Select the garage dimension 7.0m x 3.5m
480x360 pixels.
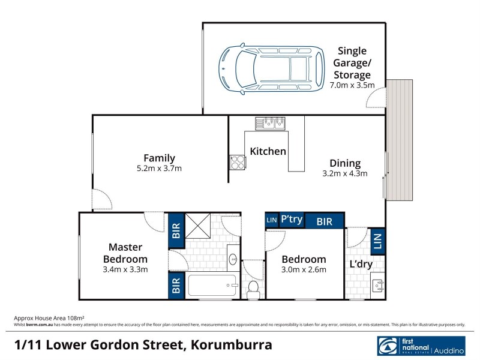pyautogui.click(x=352, y=86)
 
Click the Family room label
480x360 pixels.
pyautogui.click(x=159, y=158)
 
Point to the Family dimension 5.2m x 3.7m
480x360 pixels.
pyautogui.click(x=159, y=169)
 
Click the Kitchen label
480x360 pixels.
pyautogui.click(x=268, y=151)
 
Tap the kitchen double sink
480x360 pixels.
pyautogui.click(x=269, y=124)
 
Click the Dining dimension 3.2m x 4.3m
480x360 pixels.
pyautogui.click(x=345, y=174)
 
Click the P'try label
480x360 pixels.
pyautogui.click(x=292, y=220)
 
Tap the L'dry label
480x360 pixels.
pyautogui.click(x=360, y=264)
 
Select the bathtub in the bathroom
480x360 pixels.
pyautogui.click(x=214, y=285)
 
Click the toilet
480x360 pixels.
pyautogui.click(x=253, y=287)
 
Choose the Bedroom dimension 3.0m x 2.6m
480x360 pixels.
pyautogui.click(x=304, y=270)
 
